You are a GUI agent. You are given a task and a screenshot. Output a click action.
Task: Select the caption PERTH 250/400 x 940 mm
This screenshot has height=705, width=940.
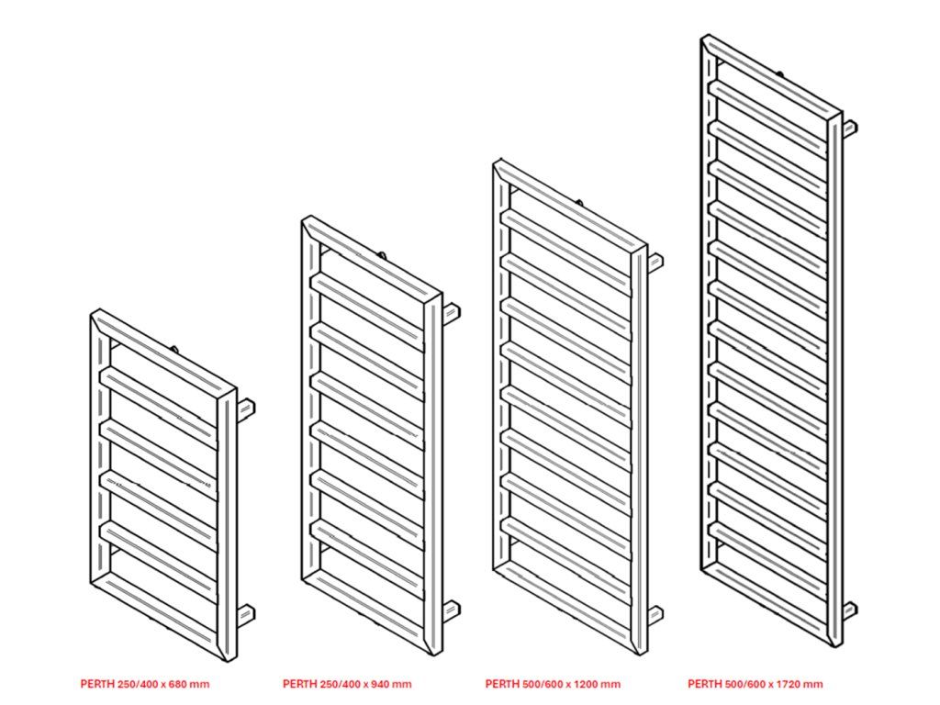pos(347,684)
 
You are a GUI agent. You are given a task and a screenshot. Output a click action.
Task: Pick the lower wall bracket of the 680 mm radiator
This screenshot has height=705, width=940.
pos(247,613)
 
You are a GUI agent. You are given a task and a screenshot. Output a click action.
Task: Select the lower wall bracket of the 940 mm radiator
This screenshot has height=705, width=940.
pos(452,609)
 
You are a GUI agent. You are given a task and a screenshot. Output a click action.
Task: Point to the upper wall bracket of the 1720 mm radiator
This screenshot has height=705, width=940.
pos(849,127)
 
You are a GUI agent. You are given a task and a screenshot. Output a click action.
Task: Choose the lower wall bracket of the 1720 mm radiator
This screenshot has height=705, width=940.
pos(849,610)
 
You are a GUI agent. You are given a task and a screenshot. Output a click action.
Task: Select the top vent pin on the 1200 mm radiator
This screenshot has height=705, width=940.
pos(579,201)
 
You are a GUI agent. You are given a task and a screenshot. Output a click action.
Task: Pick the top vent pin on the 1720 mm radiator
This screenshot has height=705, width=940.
pos(779,71)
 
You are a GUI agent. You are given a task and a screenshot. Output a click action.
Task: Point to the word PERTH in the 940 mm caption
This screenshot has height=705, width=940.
pos(299,684)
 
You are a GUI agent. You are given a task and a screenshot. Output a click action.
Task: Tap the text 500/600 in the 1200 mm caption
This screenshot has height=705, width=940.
pos(535,684)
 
